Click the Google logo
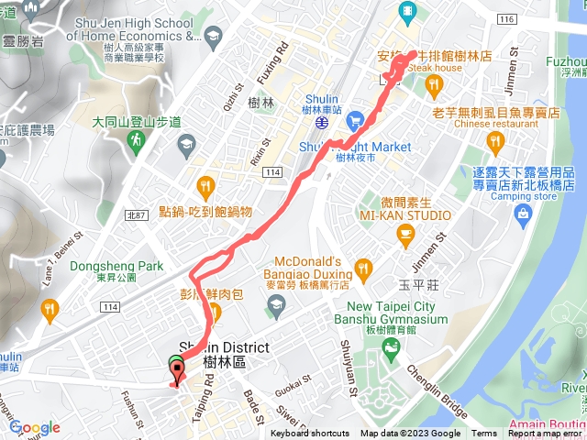35,427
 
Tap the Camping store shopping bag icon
524,214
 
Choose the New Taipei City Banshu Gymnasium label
397,313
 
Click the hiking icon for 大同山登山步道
137,140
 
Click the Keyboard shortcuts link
309,434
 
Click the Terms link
483,434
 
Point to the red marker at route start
175,370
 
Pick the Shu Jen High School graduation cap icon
213,36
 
